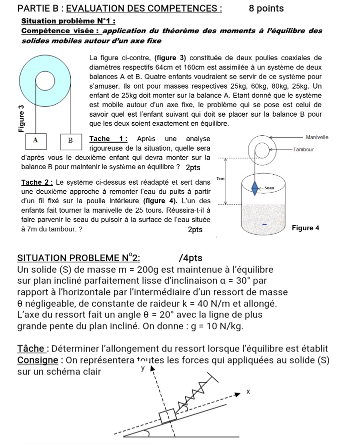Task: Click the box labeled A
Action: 35,140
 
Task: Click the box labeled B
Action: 71,141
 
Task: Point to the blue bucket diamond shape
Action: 256,188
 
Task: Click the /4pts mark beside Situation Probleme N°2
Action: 190,258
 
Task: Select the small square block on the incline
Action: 166,416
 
